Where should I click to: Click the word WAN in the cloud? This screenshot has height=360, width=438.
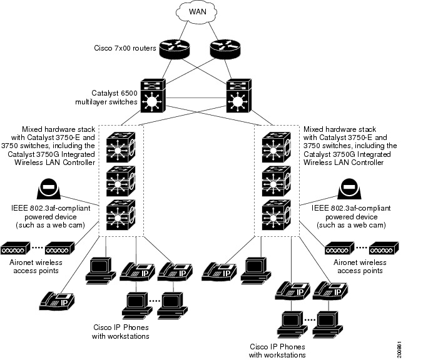(196, 12)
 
